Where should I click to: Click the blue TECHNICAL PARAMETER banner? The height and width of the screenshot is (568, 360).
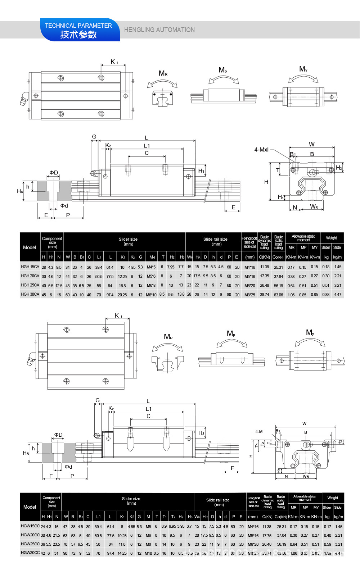(x=79, y=30)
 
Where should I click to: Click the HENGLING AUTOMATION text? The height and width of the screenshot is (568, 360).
(x=159, y=30)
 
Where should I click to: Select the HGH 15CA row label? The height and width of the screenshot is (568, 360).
(x=30, y=267)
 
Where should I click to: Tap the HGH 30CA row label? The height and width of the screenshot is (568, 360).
(x=30, y=294)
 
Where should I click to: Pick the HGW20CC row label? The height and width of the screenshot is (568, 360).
(x=30, y=535)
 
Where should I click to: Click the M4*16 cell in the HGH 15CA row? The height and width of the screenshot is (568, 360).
(x=250, y=267)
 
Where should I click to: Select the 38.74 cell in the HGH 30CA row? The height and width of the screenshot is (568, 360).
(x=265, y=294)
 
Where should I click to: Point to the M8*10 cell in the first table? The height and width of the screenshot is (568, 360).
(x=151, y=295)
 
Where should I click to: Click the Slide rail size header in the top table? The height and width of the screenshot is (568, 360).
(x=215, y=241)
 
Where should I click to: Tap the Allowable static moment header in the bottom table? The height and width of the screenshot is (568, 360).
(x=305, y=498)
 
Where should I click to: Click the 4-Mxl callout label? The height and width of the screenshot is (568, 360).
(x=261, y=150)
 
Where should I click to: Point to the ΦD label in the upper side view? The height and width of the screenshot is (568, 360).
(x=54, y=173)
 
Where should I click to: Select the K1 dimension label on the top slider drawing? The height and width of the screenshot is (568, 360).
(x=114, y=62)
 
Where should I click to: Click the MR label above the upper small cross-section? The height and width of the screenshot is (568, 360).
(x=163, y=74)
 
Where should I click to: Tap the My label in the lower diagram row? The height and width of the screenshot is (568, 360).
(x=310, y=333)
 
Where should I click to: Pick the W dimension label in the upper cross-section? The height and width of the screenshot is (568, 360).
(x=312, y=144)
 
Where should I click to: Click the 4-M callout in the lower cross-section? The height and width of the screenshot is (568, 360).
(x=259, y=432)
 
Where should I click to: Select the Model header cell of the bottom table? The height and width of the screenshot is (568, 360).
(x=30, y=507)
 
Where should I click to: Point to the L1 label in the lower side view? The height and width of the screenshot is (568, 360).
(x=149, y=409)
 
